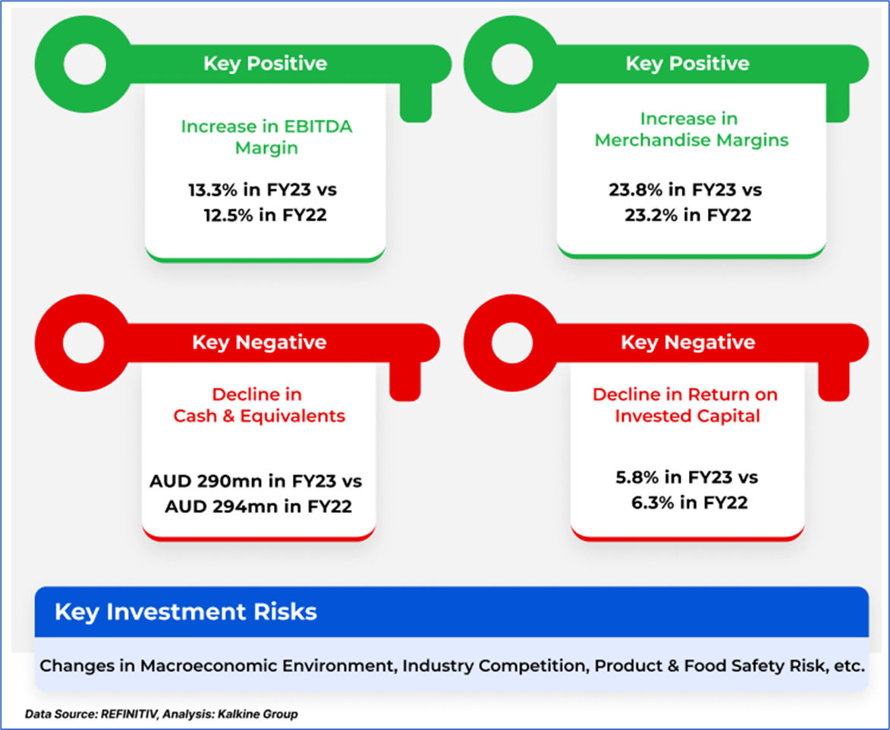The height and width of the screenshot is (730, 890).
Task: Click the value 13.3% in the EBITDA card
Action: pos(213,190)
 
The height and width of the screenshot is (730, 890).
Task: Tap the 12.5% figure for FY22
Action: pos(228,216)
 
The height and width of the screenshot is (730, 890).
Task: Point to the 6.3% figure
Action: pos(653,502)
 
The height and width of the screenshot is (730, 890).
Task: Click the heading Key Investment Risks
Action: pos(186,612)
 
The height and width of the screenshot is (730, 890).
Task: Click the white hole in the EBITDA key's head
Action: pos(85,65)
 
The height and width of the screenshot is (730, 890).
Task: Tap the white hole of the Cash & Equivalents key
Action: pos(84,343)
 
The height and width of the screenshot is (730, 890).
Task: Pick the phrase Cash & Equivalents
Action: pos(259,416)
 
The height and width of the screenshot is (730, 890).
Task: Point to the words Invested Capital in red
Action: pos(687,416)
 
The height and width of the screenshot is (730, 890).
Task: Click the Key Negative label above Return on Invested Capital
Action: pos(688,342)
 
